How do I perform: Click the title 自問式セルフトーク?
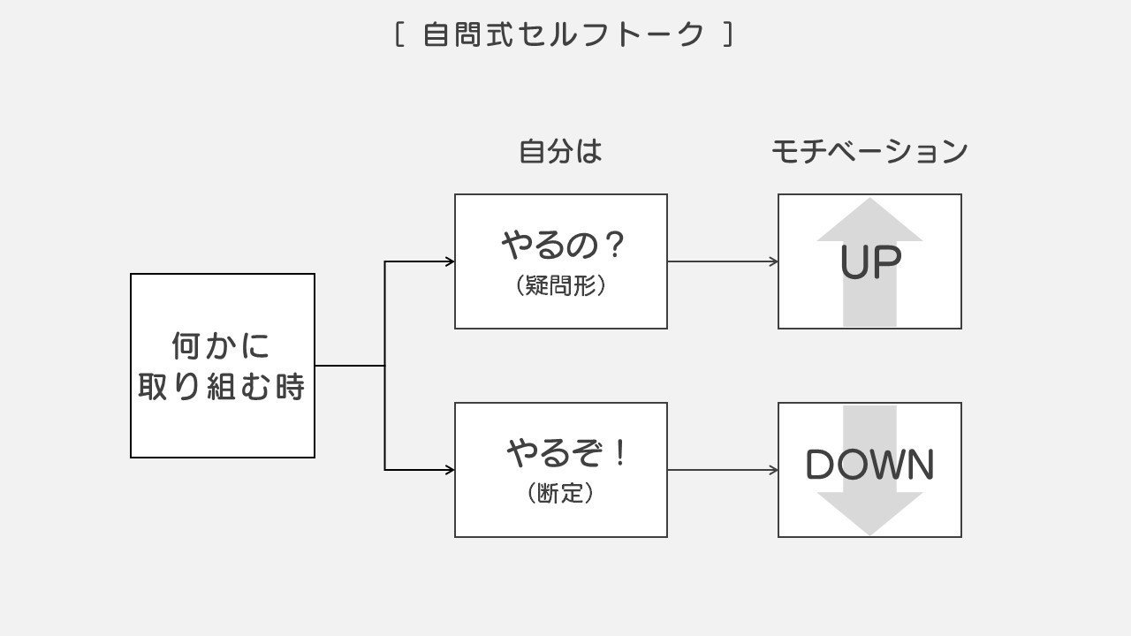564,35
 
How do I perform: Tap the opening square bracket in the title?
399,35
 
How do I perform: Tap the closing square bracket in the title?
728,35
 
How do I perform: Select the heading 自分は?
560,152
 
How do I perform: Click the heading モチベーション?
869,152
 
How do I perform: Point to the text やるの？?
563,246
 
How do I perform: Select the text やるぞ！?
567,454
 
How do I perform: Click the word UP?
869,263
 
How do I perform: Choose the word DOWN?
869,466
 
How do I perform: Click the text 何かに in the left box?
221,345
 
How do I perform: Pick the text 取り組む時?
221,387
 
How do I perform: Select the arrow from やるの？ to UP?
722,261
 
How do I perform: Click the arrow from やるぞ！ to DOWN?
722,470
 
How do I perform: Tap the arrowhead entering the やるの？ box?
450,261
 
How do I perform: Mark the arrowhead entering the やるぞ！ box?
450,470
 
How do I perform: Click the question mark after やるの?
613,246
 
